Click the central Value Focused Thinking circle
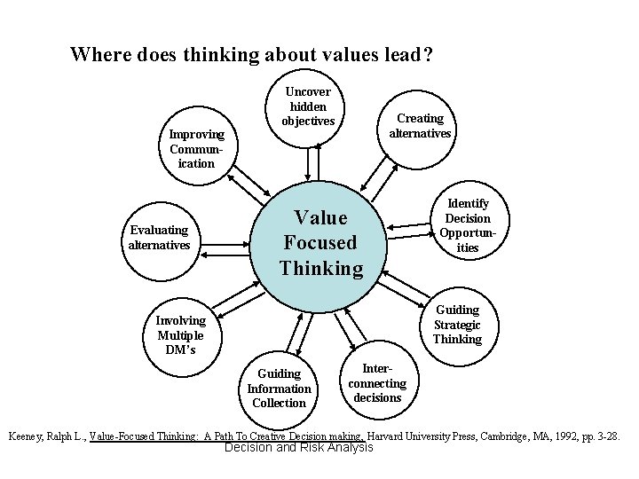point(321,242)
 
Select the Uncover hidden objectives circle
point(308,106)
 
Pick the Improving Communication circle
point(197,148)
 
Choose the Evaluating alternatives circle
point(159,238)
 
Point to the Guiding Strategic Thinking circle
point(457,325)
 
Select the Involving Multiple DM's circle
point(180,334)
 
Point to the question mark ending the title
point(428,55)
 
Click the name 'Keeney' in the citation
point(28,436)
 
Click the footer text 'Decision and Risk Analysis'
point(299,448)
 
